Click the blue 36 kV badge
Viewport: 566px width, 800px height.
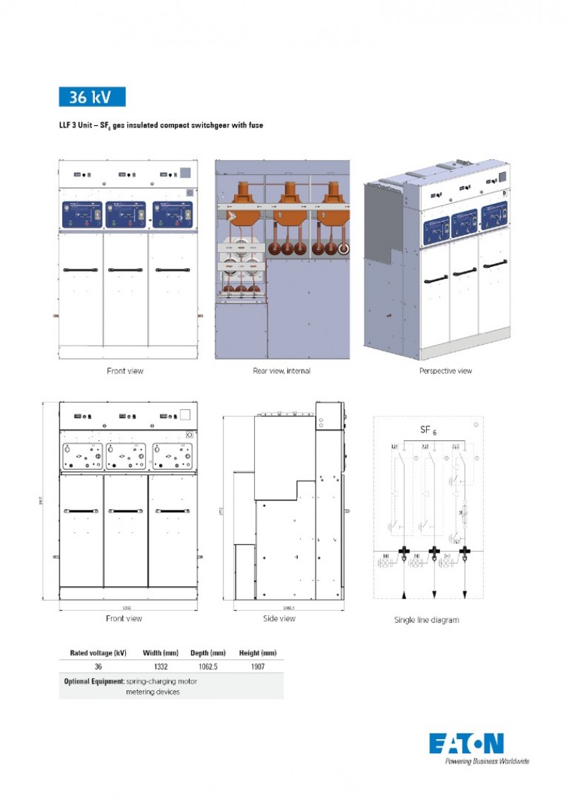(x=92, y=97)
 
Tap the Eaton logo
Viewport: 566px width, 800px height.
(x=466, y=743)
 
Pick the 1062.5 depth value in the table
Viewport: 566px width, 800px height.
(x=208, y=667)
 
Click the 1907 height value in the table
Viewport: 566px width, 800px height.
(x=258, y=667)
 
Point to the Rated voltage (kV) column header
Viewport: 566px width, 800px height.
(x=98, y=653)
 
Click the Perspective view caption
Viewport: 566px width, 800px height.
(x=445, y=371)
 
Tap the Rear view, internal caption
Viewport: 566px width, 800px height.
(x=282, y=371)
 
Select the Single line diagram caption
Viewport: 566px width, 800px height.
(x=426, y=620)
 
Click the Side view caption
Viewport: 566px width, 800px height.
(x=279, y=619)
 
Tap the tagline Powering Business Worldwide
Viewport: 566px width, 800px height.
(x=487, y=762)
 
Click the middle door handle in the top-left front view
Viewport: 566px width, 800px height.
(x=125, y=270)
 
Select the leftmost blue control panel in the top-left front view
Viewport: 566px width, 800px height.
(x=82, y=215)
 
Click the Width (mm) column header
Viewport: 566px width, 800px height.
(x=161, y=653)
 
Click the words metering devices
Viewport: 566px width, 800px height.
(x=153, y=692)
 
